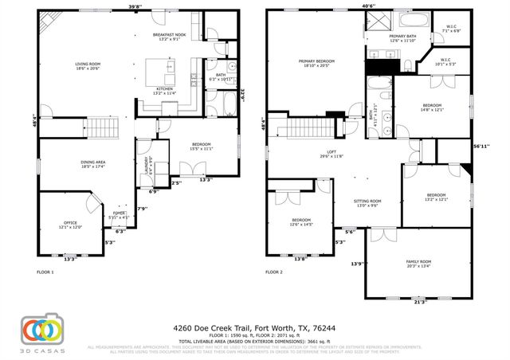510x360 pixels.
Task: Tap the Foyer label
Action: pos(119,214)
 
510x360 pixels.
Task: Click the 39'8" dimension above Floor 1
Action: pos(135,6)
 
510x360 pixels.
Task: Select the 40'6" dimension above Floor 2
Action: pos(368,6)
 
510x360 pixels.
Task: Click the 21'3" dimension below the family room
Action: pos(420,302)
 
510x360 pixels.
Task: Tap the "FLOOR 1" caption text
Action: pos(45,272)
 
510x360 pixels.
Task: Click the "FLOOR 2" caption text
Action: pos(274,272)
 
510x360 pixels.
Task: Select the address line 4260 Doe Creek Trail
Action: pos(255,327)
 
